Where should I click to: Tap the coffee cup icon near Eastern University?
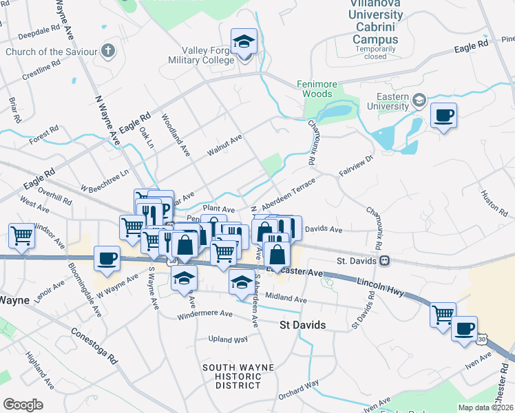[x=444, y=115]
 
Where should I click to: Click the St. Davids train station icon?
[x=385, y=261]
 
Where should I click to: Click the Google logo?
[x=23, y=404]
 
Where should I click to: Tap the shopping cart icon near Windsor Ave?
[x=22, y=236]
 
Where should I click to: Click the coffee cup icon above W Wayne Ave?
[x=107, y=259]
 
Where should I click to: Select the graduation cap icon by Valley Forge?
[x=244, y=41]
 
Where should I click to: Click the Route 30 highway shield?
[x=482, y=339]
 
